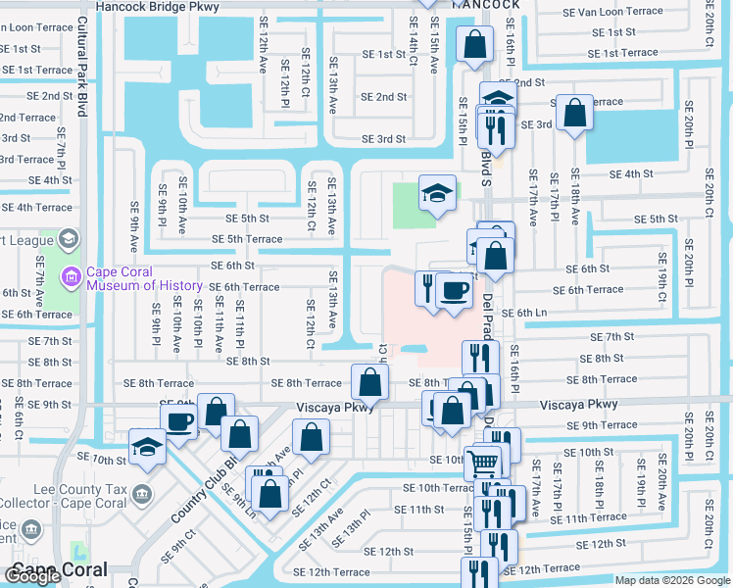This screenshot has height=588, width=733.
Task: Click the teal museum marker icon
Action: pos(70,277)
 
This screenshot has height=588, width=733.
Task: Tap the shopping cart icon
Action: pos(481,462)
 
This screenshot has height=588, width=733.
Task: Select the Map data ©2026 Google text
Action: pos(671,580)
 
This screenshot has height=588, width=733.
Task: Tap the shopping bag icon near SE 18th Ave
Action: pos(574,112)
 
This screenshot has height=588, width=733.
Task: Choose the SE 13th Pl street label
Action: pos(351,529)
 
